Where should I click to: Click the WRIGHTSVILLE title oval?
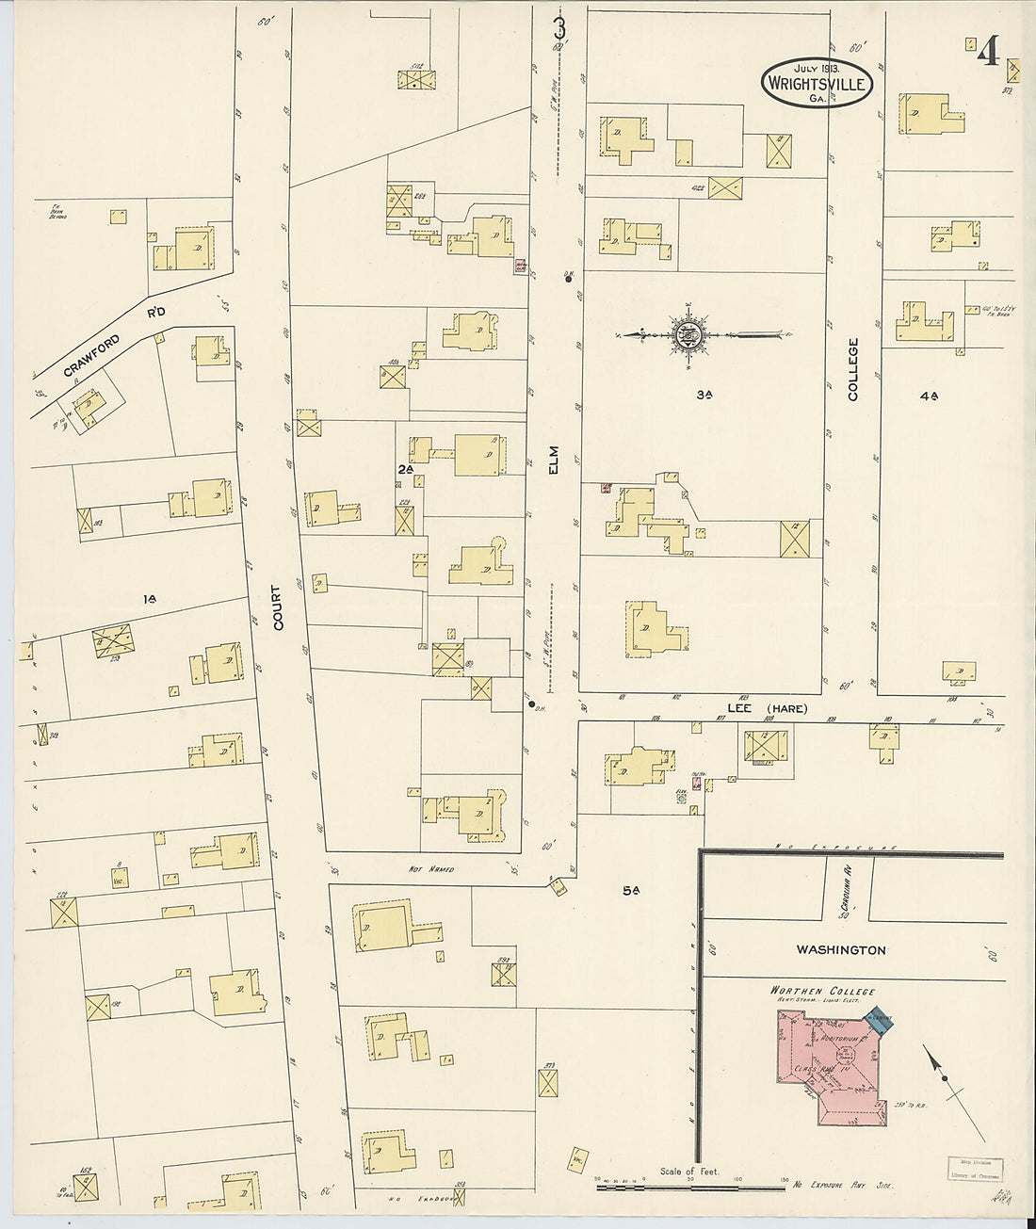pyautogui.click(x=817, y=81)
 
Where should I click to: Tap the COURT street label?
pyautogui.click(x=276, y=607)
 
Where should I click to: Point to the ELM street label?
pyautogui.click(x=554, y=460)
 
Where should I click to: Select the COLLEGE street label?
pyautogui.click(x=854, y=370)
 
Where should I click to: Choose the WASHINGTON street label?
pyautogui.click(x=841, y=950)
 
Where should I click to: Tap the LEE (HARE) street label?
pyautogui.click(x=767, y=709)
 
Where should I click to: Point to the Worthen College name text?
pyautogui.click(x=822, y=991)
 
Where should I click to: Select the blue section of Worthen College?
pyautogui.click(x=881, y=1024)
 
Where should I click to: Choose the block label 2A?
pyautogui.click(x=406, y=467)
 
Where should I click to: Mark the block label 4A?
pyautogui.click(x=929, y=396)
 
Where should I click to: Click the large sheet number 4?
pyautogui.click(x=986, y=53)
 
